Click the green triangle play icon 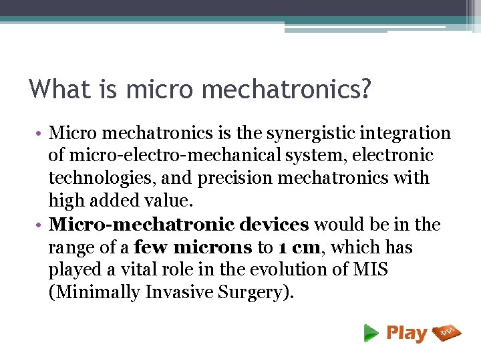pyautogui.click(x=371, y=333)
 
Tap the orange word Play pyautogui.click(x=406, y=333)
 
